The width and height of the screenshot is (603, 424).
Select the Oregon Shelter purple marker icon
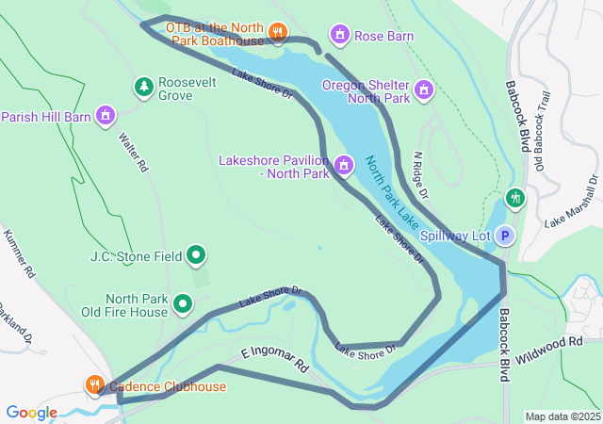pyautogui.click(x=424, y=90)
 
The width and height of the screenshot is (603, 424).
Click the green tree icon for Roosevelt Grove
pyautogui.click(x=143, y=88)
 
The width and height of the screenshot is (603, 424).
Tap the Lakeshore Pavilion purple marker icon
pyautogui.click(x=344, y=167)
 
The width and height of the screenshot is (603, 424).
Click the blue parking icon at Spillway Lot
pyautogui.click(x=505, y=236)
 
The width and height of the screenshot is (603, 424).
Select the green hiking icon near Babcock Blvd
pyautogui.click(x=513, y=199)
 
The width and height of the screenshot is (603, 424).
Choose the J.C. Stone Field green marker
pyautogui.click(x=196, y=254)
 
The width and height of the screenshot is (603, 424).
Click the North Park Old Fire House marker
pyautogui.click(x=183, y=304)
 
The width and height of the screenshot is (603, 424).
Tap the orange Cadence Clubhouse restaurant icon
pyautogui.click(x=95, y=385)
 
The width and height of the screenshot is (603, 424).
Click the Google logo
pyautogui.click(x=31, y=413)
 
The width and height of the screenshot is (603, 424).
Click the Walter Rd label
pyautogui.click(x=134, y=152)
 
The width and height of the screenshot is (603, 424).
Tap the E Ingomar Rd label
pyautogui.click(x=274, y=358)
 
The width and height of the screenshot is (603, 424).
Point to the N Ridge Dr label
pyautogui.click(x=421, y=175)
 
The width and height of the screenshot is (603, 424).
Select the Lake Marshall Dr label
pyautogui.click(x=571, y=202)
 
